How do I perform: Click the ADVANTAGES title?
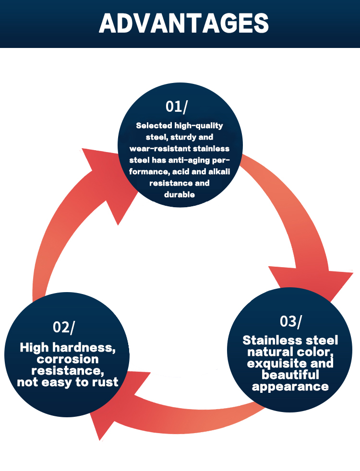pos(180,23)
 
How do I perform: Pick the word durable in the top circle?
pos(180,194)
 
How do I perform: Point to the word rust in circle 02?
pos(107,382)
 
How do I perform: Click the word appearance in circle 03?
pos(290,387)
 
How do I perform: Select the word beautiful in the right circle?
pos(290,375)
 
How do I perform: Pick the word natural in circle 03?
pos(269,352)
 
